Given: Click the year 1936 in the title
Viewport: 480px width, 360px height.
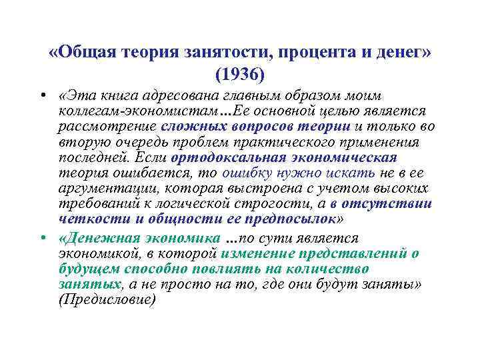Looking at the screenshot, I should (239, 71).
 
